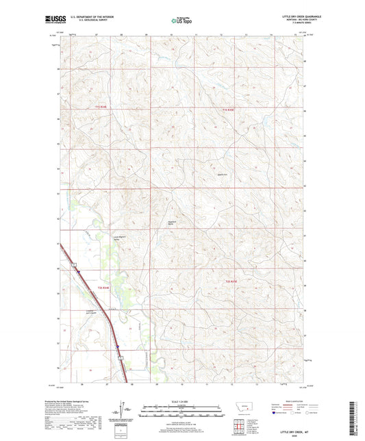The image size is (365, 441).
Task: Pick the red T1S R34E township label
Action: [x=101, y=107]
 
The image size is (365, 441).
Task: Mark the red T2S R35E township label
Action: [x=231, y=281]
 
